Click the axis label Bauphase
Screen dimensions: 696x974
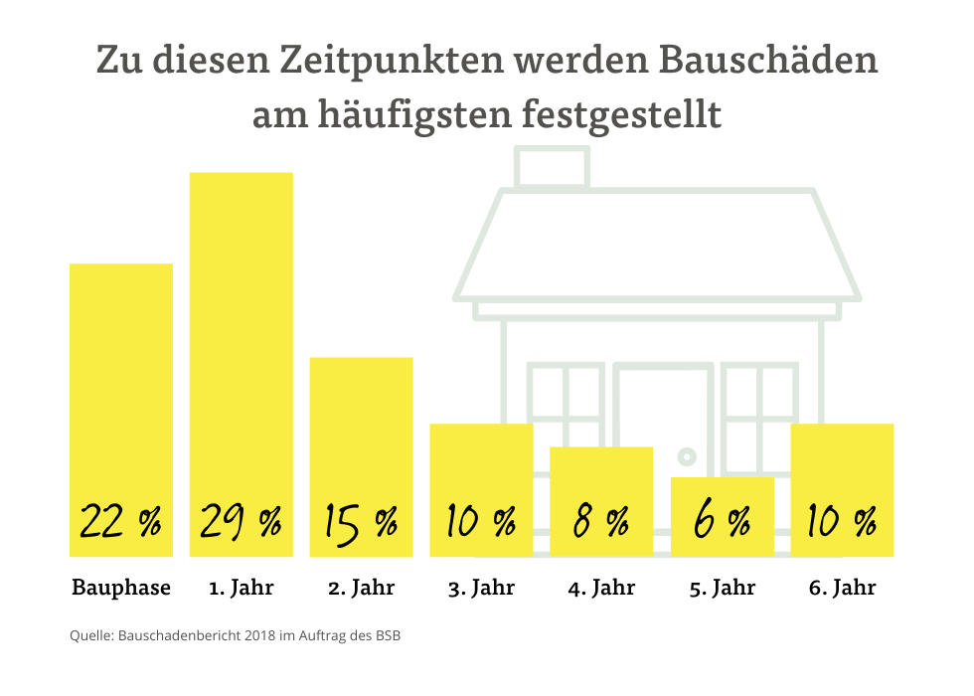click(x=120, y=588)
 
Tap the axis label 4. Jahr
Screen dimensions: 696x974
click(x=601, y=588)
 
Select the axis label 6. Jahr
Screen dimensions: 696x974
click(x=842, y=588)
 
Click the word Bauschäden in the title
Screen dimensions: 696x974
click(x=766, y=61)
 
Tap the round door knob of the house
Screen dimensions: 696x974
click(x=685, y=457)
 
